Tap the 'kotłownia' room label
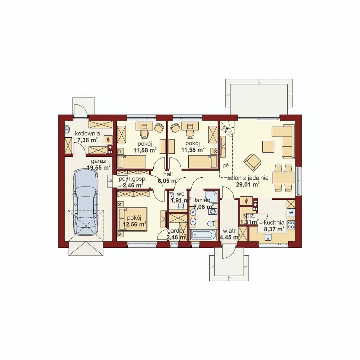pyautogui.click(x=87, y=133)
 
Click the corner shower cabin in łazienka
pyautogui.click(x=211, y=197)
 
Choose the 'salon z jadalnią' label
pyautogui.click(x=248, y=178)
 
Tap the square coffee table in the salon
pyautogui.click(x=268, y=146)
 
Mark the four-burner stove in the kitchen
pyautogui.click(x=291, y=224)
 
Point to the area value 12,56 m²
pyautogui.click(x=135, y=224)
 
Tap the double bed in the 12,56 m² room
pyautogui.click(x=132, y=219)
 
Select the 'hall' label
pyautogui.click(x=168, y=174)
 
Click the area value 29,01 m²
pyautogui.click(x=248, y=184)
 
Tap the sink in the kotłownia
pyautogui.click(x=67, y=129)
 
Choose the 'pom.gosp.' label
pyautogui.click(x=132, y=179)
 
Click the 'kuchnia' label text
pyautogui.click(x=274, y=222)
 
